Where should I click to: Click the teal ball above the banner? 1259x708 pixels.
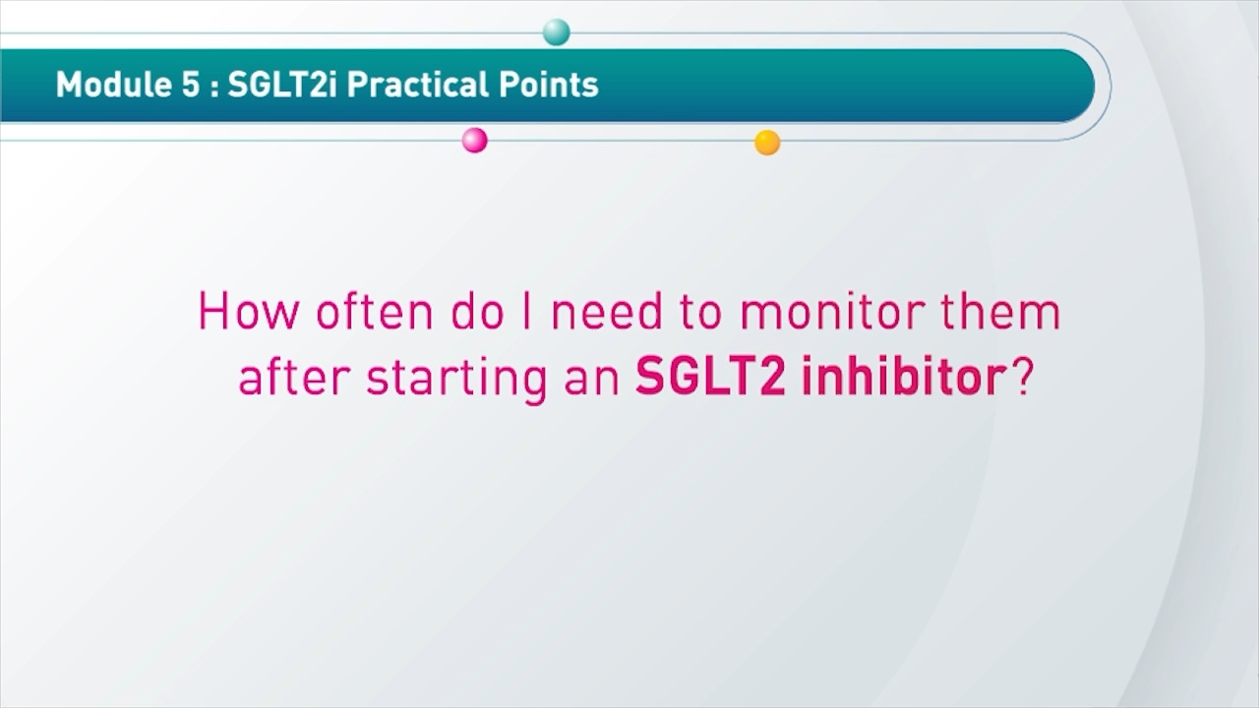[557, 32]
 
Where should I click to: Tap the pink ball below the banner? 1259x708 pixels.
[474, 140]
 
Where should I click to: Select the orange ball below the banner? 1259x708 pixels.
[767, 143]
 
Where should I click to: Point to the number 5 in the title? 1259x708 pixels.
[191, 85]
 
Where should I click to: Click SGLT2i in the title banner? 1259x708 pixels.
[282, 85]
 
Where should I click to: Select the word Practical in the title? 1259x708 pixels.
[418, 85]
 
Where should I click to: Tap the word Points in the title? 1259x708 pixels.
[548, 85]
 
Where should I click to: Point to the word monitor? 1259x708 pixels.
[833, 312]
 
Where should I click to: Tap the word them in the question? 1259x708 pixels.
[1000, 311]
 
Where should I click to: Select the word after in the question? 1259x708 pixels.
[294, 376]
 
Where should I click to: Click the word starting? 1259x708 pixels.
[456, 380]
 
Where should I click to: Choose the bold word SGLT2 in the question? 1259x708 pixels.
[710, 376]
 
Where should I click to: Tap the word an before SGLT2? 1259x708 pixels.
[591, 381]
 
